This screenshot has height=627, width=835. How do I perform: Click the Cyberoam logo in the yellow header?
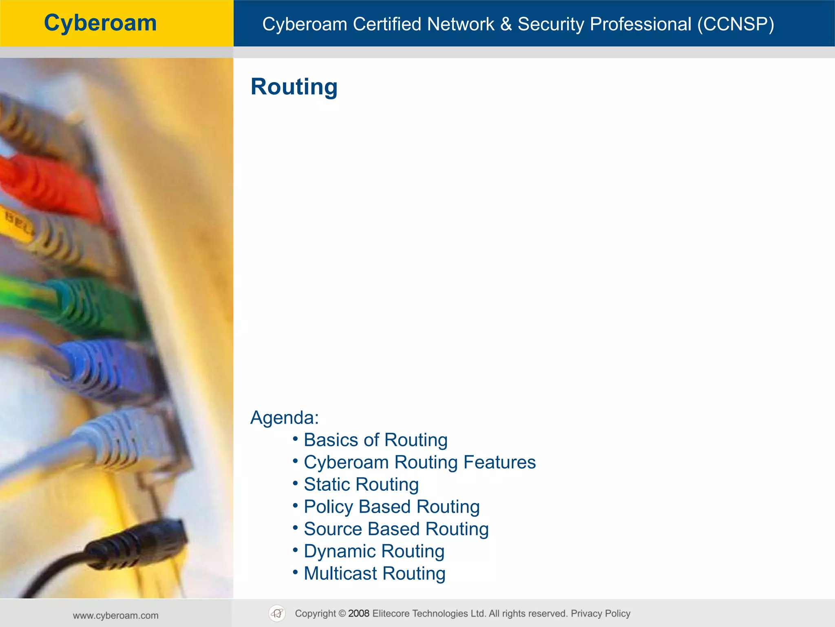click(100, 23)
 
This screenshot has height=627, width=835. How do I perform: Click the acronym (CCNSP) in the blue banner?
click(736, 24)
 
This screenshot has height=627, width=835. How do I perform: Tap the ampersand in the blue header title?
click(506, 24)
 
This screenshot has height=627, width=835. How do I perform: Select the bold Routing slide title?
click(294, 87)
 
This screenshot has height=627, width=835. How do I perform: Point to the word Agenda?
click(285, 418)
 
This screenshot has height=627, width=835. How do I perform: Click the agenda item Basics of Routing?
click(376, 440)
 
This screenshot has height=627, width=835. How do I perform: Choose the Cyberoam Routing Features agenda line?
click(420, 462)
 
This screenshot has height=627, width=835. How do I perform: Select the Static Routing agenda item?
click(361, 485)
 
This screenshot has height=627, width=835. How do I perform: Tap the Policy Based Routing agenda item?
click(391, 507)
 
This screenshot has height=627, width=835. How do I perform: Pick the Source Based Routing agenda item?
click(396, 529)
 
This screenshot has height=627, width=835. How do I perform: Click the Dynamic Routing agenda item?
click(374, 551)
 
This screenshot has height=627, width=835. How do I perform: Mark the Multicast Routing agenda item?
click(374, 574)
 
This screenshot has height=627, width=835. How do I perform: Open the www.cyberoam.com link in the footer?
click(116, 616)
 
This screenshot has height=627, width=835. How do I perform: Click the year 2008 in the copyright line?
click(359, 614)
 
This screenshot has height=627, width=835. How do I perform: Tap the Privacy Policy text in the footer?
click(600, 614)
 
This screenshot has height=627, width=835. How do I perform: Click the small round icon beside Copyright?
click(277, 614)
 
